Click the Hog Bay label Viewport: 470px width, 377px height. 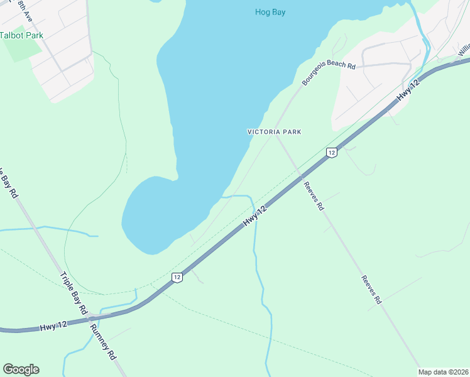270,12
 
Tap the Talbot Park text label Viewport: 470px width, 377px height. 21,35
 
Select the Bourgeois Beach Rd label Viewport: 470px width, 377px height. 328,73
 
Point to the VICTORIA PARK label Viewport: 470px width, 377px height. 275,132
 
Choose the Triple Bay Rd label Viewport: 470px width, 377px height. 73,293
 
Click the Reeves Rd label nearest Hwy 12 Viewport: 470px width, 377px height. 313,195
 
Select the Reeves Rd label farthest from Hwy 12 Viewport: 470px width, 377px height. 371,290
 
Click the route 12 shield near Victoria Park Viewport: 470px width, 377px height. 332,152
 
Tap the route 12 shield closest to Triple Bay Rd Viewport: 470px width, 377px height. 177,277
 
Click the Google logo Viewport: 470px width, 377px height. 21,369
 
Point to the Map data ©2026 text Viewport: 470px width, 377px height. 444,372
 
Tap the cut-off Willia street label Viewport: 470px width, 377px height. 464,50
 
